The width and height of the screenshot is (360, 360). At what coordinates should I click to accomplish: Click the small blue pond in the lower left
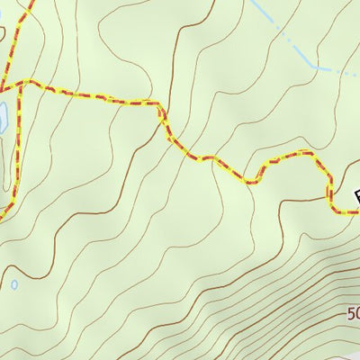14,284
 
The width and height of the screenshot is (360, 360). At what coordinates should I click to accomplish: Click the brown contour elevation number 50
353,314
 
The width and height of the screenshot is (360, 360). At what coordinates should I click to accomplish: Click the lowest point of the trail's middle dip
251,181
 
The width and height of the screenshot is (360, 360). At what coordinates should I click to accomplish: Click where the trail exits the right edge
358,212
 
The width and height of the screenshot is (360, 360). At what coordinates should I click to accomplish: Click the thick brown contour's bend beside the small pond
27,270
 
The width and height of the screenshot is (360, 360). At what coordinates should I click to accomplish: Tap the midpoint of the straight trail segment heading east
90,93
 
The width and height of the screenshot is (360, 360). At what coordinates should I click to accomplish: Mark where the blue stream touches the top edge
255,2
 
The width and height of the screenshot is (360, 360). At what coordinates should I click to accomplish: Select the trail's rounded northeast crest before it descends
310,154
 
